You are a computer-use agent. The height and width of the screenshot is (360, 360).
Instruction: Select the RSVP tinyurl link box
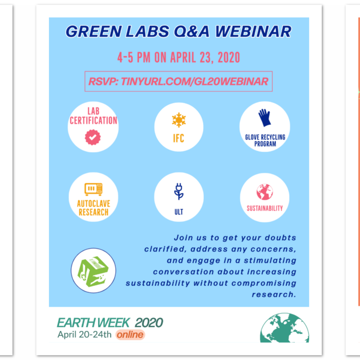tap(178, 82)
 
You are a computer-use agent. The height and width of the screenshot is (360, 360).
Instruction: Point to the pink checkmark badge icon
tap(93, 137)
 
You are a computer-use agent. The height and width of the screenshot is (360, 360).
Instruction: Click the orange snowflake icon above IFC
tap(178, 120)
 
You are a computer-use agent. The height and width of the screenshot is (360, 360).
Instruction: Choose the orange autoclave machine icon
tap(93, 189)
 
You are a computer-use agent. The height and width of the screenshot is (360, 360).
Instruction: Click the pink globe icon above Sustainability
tap(264, 192)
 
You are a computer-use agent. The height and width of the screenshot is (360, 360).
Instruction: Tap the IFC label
tap(178, 139)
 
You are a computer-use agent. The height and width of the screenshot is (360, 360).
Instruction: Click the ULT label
tap(178, 212)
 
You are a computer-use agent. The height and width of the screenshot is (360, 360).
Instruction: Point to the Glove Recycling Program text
tap(265, 140)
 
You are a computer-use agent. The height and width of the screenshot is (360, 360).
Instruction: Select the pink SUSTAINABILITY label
tap(265, 208)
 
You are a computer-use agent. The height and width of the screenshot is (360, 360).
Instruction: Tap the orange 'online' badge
tap(130, 335)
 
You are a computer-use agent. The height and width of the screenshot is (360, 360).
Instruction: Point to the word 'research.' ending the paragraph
tap(274, 295)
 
